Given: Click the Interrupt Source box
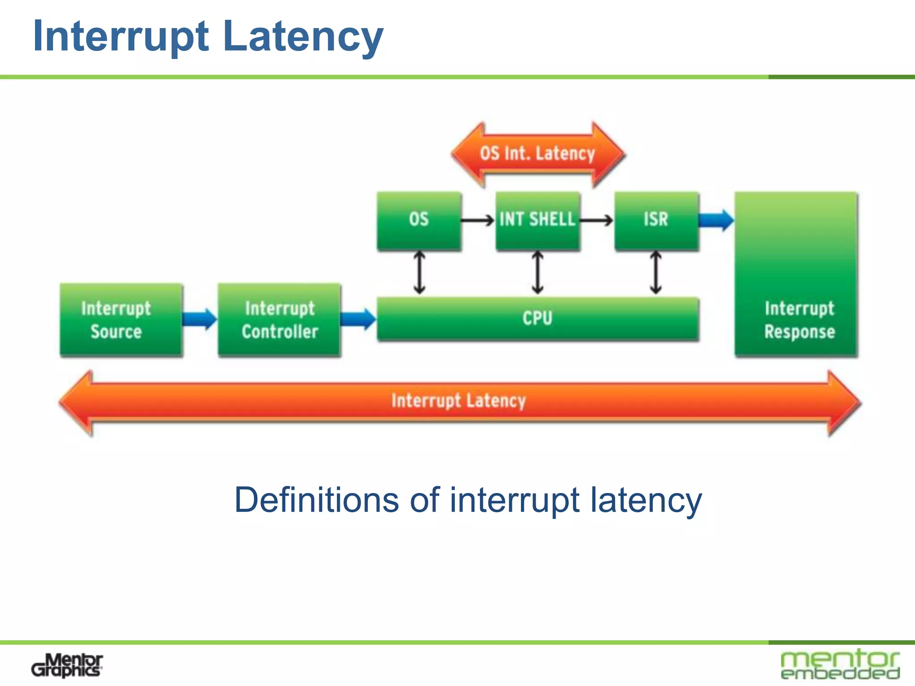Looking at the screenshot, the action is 121,319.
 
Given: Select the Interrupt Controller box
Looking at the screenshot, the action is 279,319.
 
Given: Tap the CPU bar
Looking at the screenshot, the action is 538,319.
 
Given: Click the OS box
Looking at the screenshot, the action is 419,221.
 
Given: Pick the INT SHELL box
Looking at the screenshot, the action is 538,221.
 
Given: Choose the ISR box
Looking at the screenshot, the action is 657,221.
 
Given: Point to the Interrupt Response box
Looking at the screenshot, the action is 796,274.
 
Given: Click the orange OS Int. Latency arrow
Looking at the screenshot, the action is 538,154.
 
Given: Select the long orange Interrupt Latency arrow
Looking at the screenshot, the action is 460,402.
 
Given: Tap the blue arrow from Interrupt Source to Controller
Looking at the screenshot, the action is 200,319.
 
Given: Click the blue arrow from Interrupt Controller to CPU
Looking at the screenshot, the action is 358,319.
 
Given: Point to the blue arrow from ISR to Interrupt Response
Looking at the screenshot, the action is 717,220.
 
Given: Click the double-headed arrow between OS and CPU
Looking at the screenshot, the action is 419,272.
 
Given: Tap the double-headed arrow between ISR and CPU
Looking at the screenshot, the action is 656,272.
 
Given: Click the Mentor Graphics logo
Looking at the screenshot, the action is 67,665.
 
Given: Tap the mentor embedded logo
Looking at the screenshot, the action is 840,664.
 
